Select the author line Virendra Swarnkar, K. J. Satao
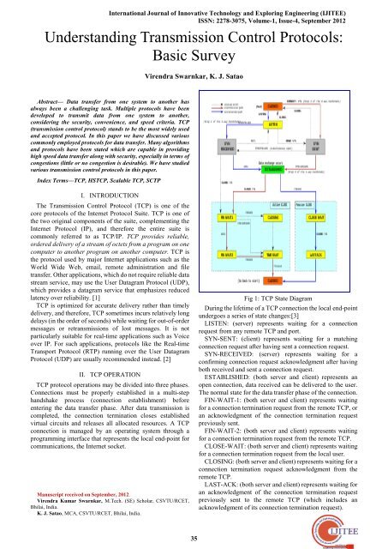(194, 75)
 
